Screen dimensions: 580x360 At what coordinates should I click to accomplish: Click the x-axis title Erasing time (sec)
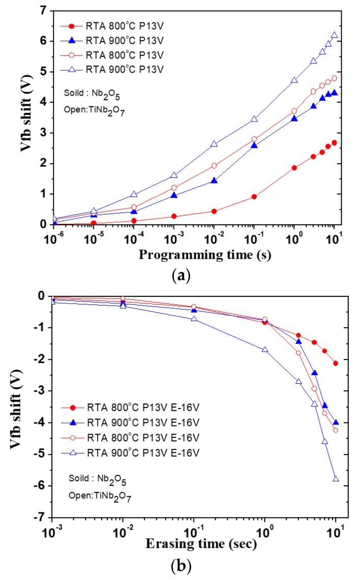click(201, 545)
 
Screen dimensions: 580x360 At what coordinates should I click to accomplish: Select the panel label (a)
click(182, 276)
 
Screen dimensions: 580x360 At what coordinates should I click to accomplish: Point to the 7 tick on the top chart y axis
click(44, 11)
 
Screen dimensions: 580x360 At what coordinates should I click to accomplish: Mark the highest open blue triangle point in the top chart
click(334, 35)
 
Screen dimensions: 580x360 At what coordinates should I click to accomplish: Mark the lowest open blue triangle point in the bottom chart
click(336, 479)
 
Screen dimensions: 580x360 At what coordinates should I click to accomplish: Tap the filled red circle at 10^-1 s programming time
click(254, 197)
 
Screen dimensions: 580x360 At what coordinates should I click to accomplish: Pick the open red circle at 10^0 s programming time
click(294, 111)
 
